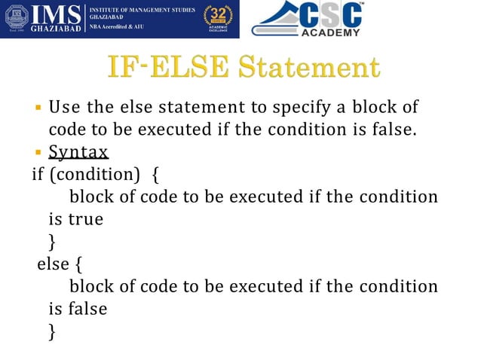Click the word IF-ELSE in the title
(156, 68)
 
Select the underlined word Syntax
(78, 152)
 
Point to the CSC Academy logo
(307, 20)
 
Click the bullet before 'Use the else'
(37, 106)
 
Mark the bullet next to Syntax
(37, 152)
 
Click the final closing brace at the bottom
(51, 331)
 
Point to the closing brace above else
(51, 242)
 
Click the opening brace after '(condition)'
(155, 175)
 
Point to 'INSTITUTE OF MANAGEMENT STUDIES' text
(142, 9)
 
